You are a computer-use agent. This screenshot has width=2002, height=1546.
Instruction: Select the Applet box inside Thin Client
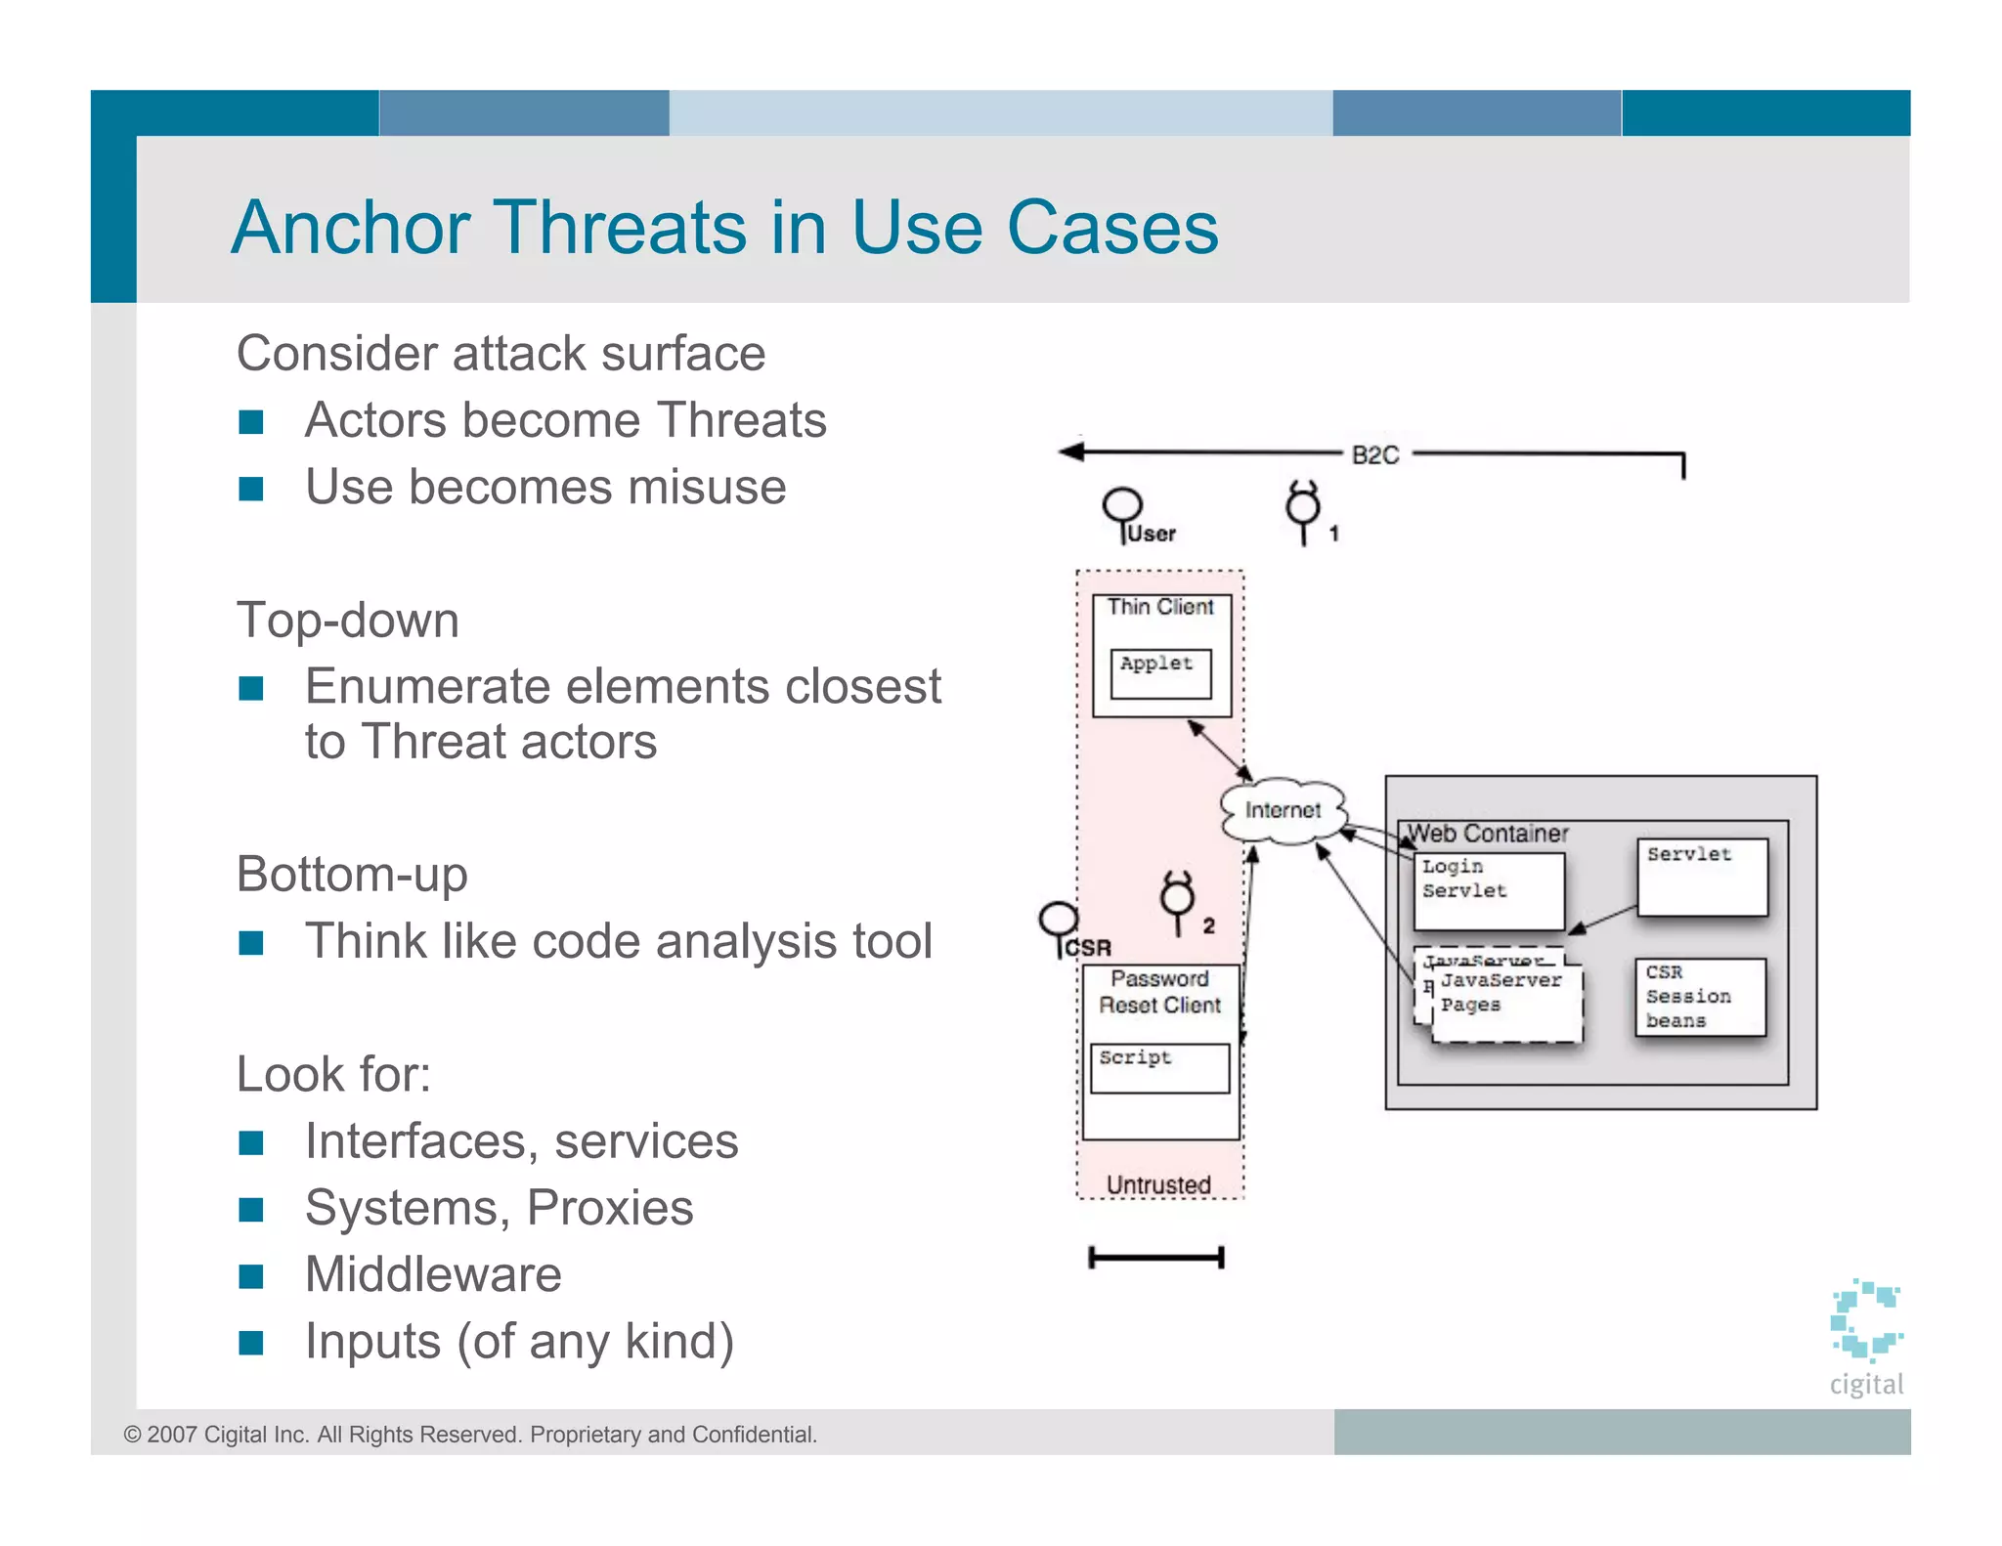[x=1160, y=672]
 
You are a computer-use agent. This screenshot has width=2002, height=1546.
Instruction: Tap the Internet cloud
[x=1283, y=810]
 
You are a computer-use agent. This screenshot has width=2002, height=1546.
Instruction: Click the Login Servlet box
[x=1488, y=889]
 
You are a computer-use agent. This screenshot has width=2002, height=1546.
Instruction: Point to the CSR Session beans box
[x=1700, y=996]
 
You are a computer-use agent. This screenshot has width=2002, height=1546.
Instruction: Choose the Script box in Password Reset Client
[x=1159, y=1067]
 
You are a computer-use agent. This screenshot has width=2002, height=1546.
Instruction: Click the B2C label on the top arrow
[x=1374, y=455]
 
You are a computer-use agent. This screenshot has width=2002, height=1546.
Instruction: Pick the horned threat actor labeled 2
[x=1178, y=897]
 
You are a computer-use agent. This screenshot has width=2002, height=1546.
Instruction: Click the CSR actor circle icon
[x=1058, y=920]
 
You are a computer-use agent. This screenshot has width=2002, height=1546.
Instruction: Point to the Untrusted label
[x=1158, y=1184]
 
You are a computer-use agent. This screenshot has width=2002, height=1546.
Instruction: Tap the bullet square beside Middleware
[x=251, y=1276]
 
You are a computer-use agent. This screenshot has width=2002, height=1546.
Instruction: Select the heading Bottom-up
[x=352, y=874]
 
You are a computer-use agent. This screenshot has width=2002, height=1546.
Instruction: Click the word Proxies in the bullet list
[x=610, y=1208]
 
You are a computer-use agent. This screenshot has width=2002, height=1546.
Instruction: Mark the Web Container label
[x=1487, y=834]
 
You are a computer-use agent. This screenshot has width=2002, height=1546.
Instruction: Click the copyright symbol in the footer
[x=132, y=1435]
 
